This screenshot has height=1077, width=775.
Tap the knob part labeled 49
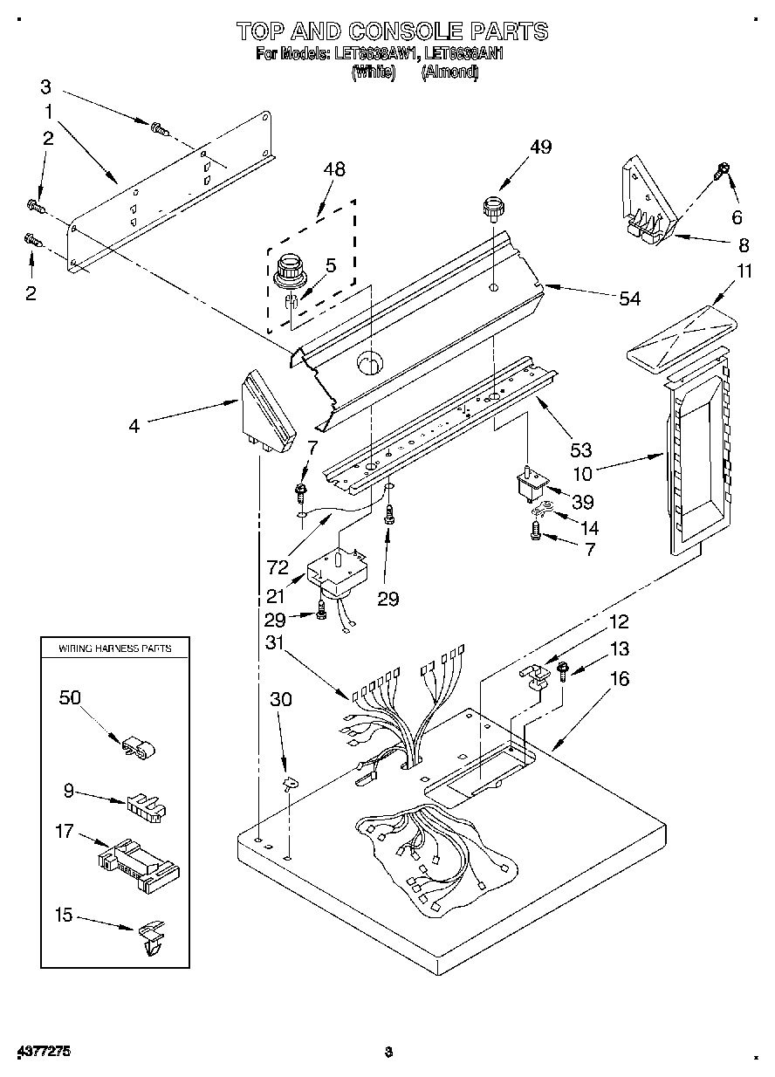pyautogui.click(x=495, y=210)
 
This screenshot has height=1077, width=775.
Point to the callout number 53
pyautogui.click(x=580, y=449)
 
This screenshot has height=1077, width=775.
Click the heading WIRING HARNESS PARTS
pyautogui.click(x=114, y=648)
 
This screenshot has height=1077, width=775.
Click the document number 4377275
pyautogui.click(x=43, y=1052)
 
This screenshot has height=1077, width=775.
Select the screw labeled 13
pyautogui.click(x=563, y=670)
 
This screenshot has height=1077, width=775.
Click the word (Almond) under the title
pyautogui.click(x=449, y=73)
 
